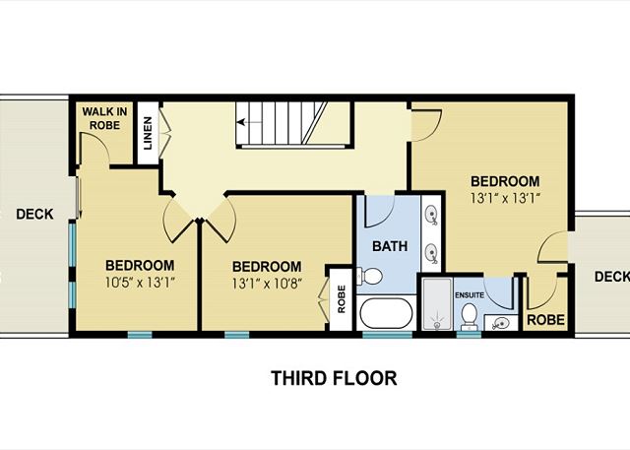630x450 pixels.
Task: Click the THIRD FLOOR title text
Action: click(x=334, y=378)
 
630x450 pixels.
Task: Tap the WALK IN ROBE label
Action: click(x=104, y=118)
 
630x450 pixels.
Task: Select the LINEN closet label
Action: click(x=148, y=133)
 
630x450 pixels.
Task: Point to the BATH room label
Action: click(x=390, y=246)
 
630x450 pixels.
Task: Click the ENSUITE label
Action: click(x=470, y=295)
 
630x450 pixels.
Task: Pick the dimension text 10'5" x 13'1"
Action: click(x=140, y=283)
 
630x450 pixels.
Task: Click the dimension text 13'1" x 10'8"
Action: click(x=267, y=284)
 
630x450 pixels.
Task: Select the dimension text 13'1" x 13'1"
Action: click(x=505, y=199)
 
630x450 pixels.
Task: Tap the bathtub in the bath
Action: click(x=386, y=313)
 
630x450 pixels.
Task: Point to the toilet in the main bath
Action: click(x=370, y=277)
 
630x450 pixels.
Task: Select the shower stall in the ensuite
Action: click(x=437, y=304)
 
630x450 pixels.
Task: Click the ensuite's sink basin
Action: click(x=500, y=323)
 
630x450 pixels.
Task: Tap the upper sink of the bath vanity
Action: click(x=431, y=214)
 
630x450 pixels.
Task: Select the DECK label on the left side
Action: click(x=34, y=214)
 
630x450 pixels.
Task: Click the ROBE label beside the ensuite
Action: click(x=545, y=320)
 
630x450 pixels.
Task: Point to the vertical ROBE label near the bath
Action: click(x=342, y=299)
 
